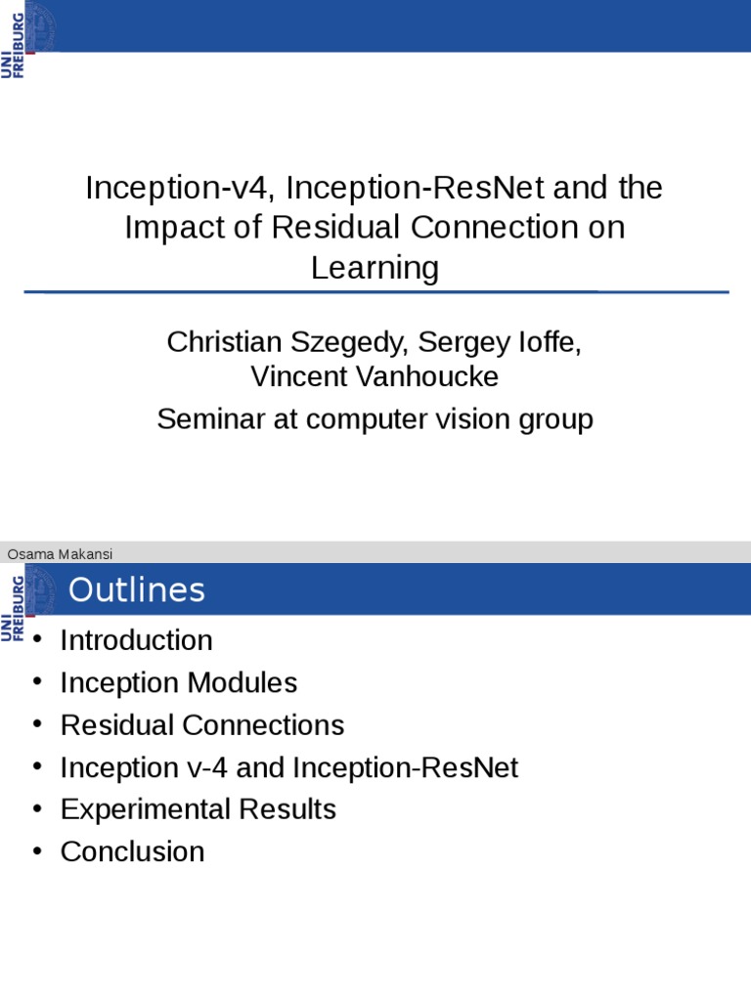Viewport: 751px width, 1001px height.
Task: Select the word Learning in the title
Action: click(375, 268)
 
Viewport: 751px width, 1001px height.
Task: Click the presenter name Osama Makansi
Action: click(60, 554)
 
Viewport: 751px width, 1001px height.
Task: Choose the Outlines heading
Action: click(137, 590)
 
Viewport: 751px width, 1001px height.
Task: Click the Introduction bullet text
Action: click(136, 640)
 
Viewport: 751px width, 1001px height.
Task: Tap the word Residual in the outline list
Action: click(117, 725)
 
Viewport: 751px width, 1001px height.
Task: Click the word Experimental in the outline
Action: click(152, 809)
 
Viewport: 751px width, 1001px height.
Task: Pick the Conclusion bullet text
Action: click(132, 851)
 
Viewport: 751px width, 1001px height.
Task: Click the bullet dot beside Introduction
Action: click(38, 640)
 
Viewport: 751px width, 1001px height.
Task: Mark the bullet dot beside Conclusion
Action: click(38, 851)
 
